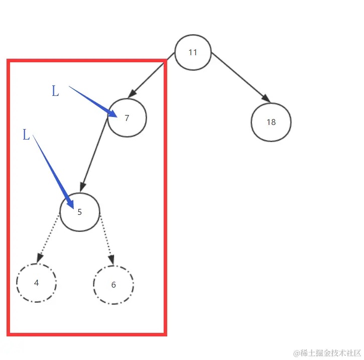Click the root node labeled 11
click(x=193, y=52)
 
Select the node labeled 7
click(x=127, y=117)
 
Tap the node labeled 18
click(x=271, y=122)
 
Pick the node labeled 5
click(x=79, y=212)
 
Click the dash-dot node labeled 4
click(x=36, y=283)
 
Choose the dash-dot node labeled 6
click(x=113, y=285)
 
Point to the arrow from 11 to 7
click(x=151, y=76)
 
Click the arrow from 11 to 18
click(x=239, y=76)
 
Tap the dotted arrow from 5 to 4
click(x=48, y=238)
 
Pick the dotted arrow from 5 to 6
click(x=106, y=239)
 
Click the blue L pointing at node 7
click(x=55, y=91)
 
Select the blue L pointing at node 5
click(x=26, y=135)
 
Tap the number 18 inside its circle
click(x=271, y=122)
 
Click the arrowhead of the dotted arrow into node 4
click(x=38, y=258)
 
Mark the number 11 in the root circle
click(x=193, y=52)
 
